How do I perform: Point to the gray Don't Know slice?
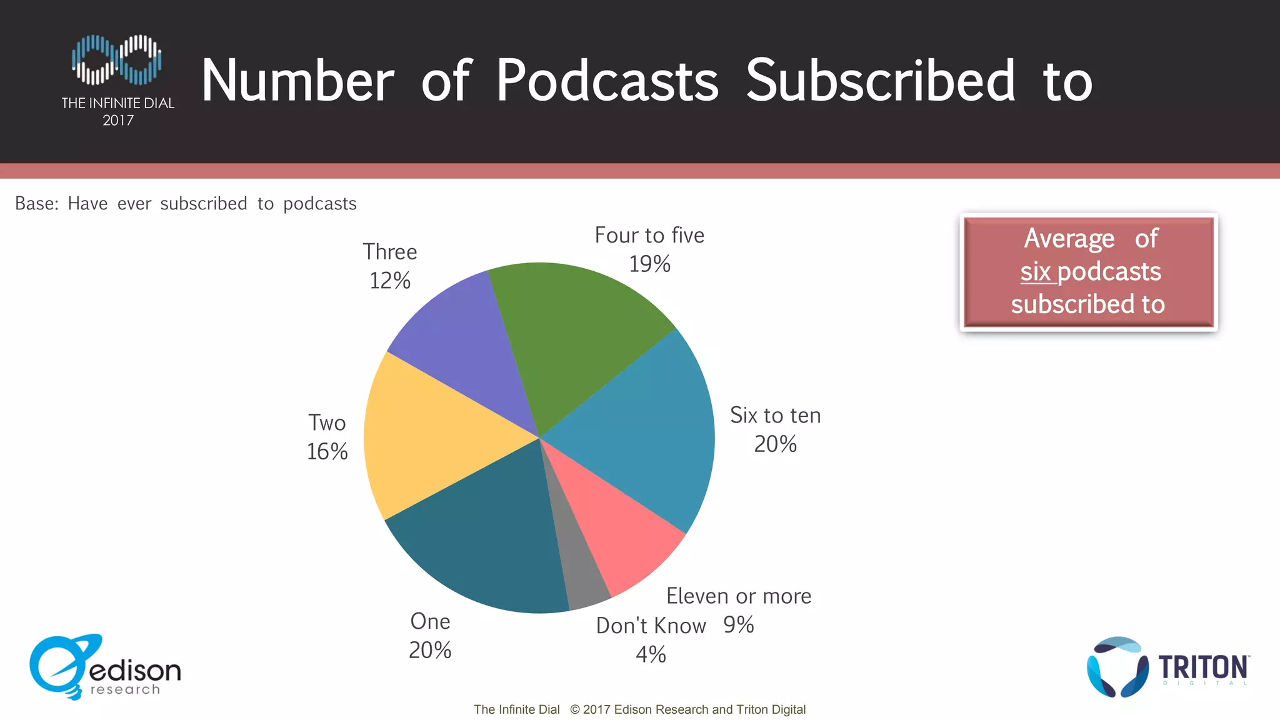(x=578, y=575)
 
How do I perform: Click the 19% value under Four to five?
(x=649, y=264)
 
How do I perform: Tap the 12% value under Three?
(x=390, y=281)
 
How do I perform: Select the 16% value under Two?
(x=327, y=452)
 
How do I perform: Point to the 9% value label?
(x=738, y=625)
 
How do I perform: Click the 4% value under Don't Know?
(x=651, y=654)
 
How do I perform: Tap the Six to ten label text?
(x=775, y=416)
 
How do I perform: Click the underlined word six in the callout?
(x=1036, y=272)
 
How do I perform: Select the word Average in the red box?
(x=1069, y=239)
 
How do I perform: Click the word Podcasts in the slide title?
(x=607, y=81)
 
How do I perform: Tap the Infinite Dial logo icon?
(x=117, y=59)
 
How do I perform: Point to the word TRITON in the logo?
(x=1203, y=667)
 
